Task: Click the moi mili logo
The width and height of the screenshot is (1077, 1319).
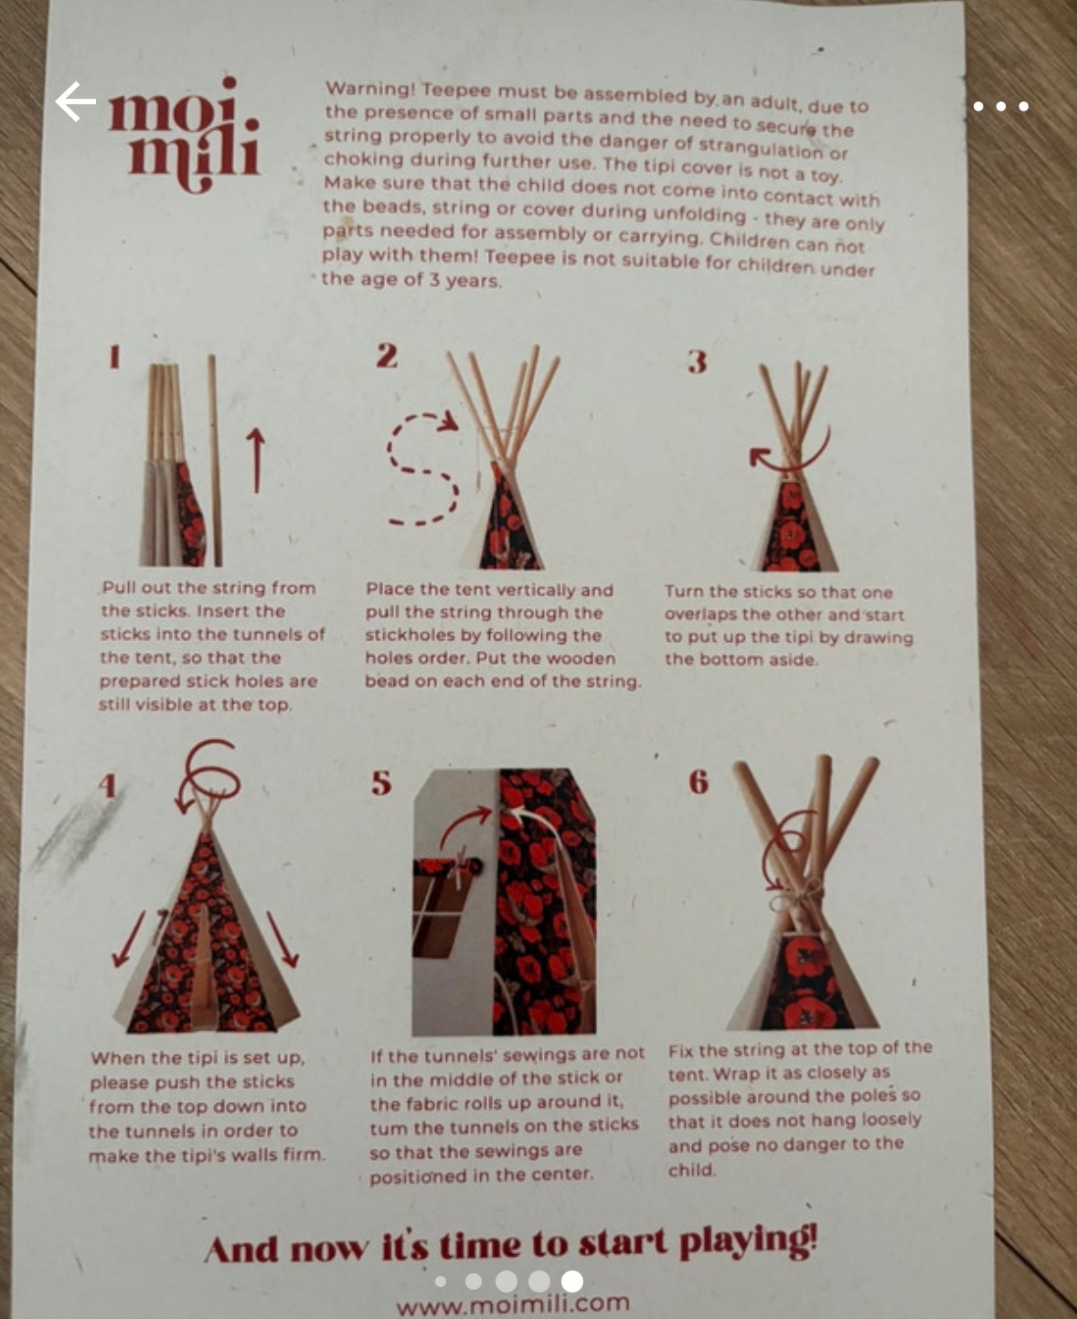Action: [184, 134]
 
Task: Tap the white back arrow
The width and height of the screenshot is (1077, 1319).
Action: [76, 101]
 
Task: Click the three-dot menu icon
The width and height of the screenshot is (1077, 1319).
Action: [1001, 106]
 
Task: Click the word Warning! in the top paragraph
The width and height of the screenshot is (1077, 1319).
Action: [370, 88]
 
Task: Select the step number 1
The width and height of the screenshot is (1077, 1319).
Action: [114, 357]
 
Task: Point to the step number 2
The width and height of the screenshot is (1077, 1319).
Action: [387, 356]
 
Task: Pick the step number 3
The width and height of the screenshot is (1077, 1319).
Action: [697, 361]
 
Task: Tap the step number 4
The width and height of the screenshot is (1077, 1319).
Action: [108, 786]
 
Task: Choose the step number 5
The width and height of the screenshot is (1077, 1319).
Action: [381, 782]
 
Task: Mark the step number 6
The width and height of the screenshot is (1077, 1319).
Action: [698, 782]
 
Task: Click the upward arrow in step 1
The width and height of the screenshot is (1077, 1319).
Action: [255, 460]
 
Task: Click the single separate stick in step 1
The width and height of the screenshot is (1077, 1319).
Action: [215, 460]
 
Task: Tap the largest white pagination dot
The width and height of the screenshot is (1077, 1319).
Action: [572, 1281]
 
